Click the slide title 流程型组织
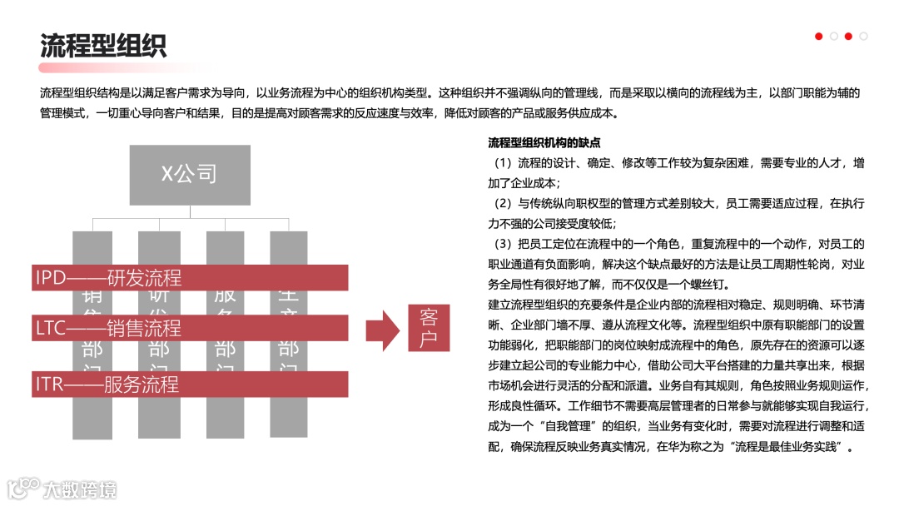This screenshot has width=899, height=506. click(x=103, y=45)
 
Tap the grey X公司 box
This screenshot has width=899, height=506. click(x=189, y=174)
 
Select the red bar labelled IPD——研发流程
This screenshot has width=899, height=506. click(x=191, y=277)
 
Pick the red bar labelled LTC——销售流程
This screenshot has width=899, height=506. click(x=191, y=328)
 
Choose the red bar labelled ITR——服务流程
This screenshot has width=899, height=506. click(x=191, y=384)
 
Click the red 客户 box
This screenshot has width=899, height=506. click(x=429, y=328)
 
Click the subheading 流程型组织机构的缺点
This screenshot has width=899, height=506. click(x=544, y=143)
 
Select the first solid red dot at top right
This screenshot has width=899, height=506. click(x=819, y=36)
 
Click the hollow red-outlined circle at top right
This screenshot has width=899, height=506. click(x=833, y=36)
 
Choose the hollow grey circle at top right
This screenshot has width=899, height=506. click(x=863, y=36)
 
